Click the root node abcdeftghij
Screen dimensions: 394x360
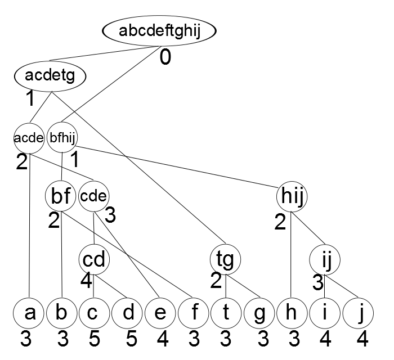pos(159,30)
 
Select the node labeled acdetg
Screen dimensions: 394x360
pos(50,76)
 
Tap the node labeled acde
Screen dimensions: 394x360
pos(29,138)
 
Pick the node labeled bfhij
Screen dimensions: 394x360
pos(62,137)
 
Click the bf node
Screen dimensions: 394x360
pos(60,196)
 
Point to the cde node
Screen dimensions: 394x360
pos(94,196)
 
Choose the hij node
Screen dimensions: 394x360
pos(292,196)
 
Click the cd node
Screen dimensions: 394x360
pos(94,259)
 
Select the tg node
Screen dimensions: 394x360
pos(225,259)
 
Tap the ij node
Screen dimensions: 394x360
pos(325,260)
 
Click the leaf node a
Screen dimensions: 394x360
pos(29,313)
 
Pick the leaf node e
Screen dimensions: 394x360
pos(160,313)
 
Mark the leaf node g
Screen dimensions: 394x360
pos(259,313)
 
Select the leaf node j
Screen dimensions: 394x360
pos(358,313)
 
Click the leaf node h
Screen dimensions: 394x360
pos(292,313)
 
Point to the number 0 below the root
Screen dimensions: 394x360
pos(165,57)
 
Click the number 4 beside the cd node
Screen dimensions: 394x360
pos(86,281)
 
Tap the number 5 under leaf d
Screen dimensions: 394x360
pos(131,339)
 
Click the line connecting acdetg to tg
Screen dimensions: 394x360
pos(138,168)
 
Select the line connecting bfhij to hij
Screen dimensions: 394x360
pos(176,166)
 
